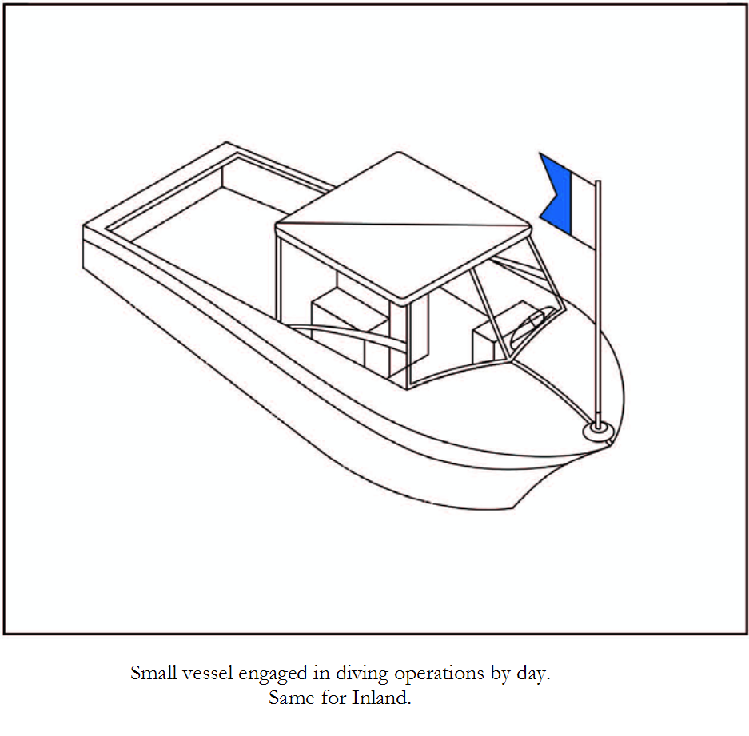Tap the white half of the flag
(584, 210)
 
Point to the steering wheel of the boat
(530, 326)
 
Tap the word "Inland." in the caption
(381, 698)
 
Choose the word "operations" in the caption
(440, 674)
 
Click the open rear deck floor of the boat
(205, 249)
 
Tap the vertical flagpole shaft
(598, 302)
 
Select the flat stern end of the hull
(83, 248)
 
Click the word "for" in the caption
(333, 698)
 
